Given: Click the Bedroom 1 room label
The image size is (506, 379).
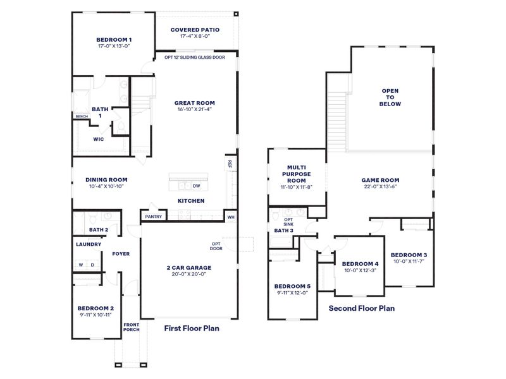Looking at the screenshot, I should (x=114, y=39).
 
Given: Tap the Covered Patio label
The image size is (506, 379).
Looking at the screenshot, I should (x=195, y=30).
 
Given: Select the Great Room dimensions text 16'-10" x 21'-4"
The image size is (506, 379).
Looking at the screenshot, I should (x=195, y=110).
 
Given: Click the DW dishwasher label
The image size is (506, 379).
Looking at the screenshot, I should (x=196, y=186).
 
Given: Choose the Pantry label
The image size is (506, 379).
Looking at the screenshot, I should (x=154, y=217).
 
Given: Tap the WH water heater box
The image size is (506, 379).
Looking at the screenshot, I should (x=231, y=217).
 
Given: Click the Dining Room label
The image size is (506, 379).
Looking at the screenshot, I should (x=106, y=179).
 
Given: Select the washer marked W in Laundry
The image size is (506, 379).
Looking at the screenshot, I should (x=81, y=265).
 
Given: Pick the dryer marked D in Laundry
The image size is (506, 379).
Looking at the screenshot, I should (x=92, y=265).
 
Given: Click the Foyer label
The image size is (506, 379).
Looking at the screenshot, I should (x=121, y=254).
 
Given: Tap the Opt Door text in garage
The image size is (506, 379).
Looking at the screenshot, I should (x=217, y=246).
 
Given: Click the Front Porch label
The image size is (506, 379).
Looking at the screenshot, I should (x=131, y=327).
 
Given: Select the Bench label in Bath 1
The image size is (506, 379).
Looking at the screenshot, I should (x=81, y=116).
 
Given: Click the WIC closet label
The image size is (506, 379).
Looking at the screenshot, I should (x=99, y=139).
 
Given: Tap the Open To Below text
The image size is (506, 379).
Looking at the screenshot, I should (x=390, y=97).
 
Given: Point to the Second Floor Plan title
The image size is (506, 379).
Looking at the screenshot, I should (x=362, y=308).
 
